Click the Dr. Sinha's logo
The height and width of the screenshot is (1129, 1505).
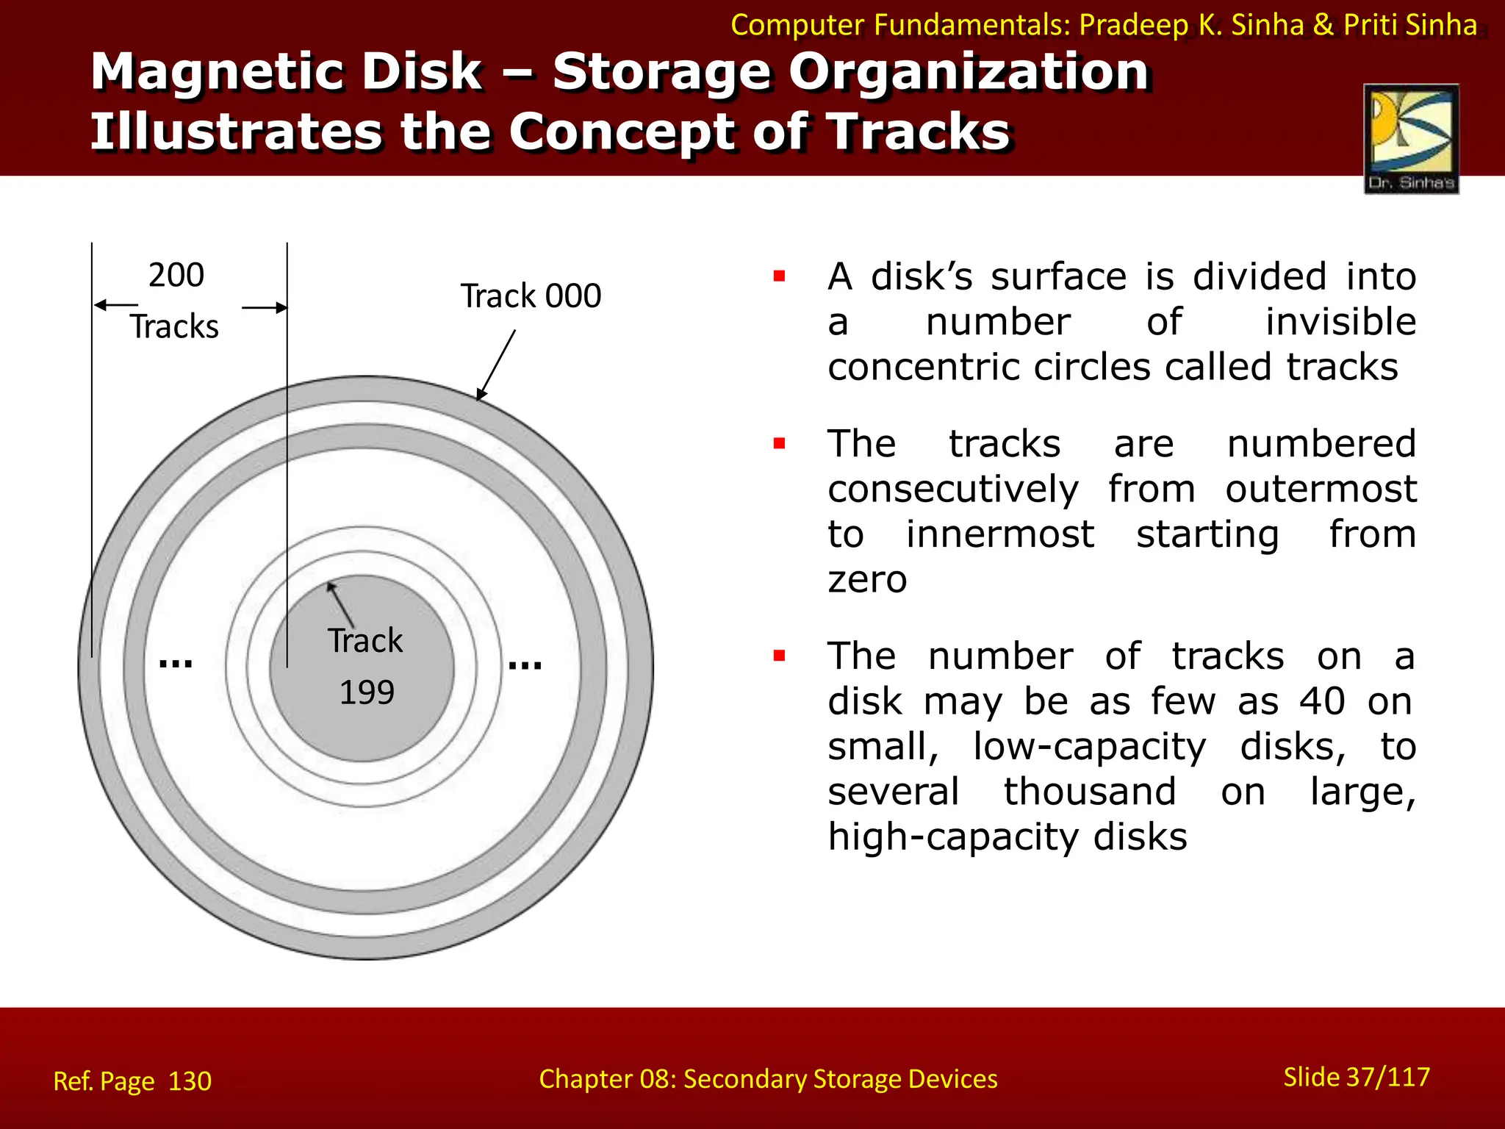point(1411,138)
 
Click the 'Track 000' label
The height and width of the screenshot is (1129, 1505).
point(531,296)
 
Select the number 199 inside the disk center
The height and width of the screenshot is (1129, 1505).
point(367,692)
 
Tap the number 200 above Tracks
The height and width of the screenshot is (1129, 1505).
point(176,276)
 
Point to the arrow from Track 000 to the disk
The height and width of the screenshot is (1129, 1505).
point(497,364)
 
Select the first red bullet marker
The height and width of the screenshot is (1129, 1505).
point(780,277)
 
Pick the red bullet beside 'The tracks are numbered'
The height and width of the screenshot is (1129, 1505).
point(780,444)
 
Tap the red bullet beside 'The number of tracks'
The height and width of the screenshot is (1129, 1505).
point(780,656)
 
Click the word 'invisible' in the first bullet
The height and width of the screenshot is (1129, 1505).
point(1340,322)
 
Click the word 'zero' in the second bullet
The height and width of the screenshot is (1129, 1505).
point(867,580)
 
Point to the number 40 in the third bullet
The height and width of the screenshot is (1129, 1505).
point(1322,701)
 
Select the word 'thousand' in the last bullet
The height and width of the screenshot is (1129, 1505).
point(1090,792)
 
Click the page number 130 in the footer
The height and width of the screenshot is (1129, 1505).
point(190,1081)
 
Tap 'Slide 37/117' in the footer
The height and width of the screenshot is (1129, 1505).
point(1357,1077)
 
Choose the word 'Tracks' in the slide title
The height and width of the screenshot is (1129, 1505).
point(919,132)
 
